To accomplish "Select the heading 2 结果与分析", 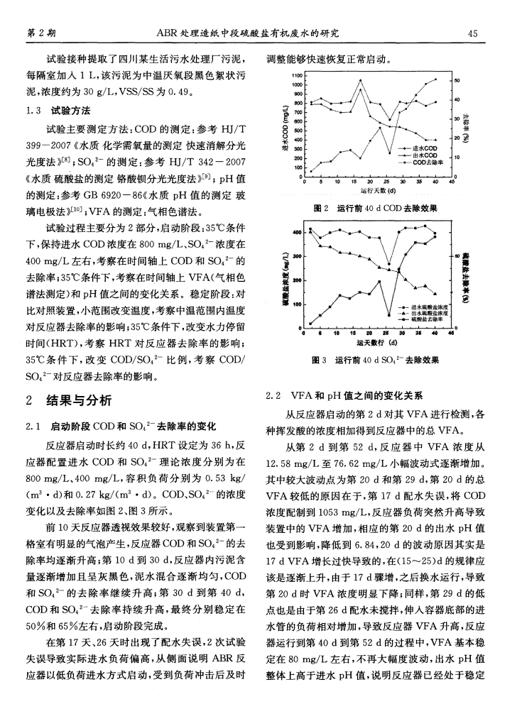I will (69, 402).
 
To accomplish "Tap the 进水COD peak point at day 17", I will (361, 81).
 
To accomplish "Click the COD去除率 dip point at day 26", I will (388, 153).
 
